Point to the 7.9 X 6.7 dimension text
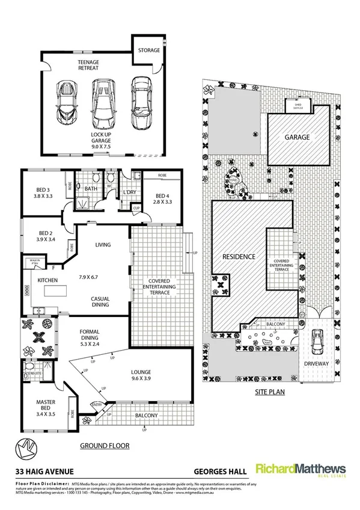pyautogui.click(x=92, y=278)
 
